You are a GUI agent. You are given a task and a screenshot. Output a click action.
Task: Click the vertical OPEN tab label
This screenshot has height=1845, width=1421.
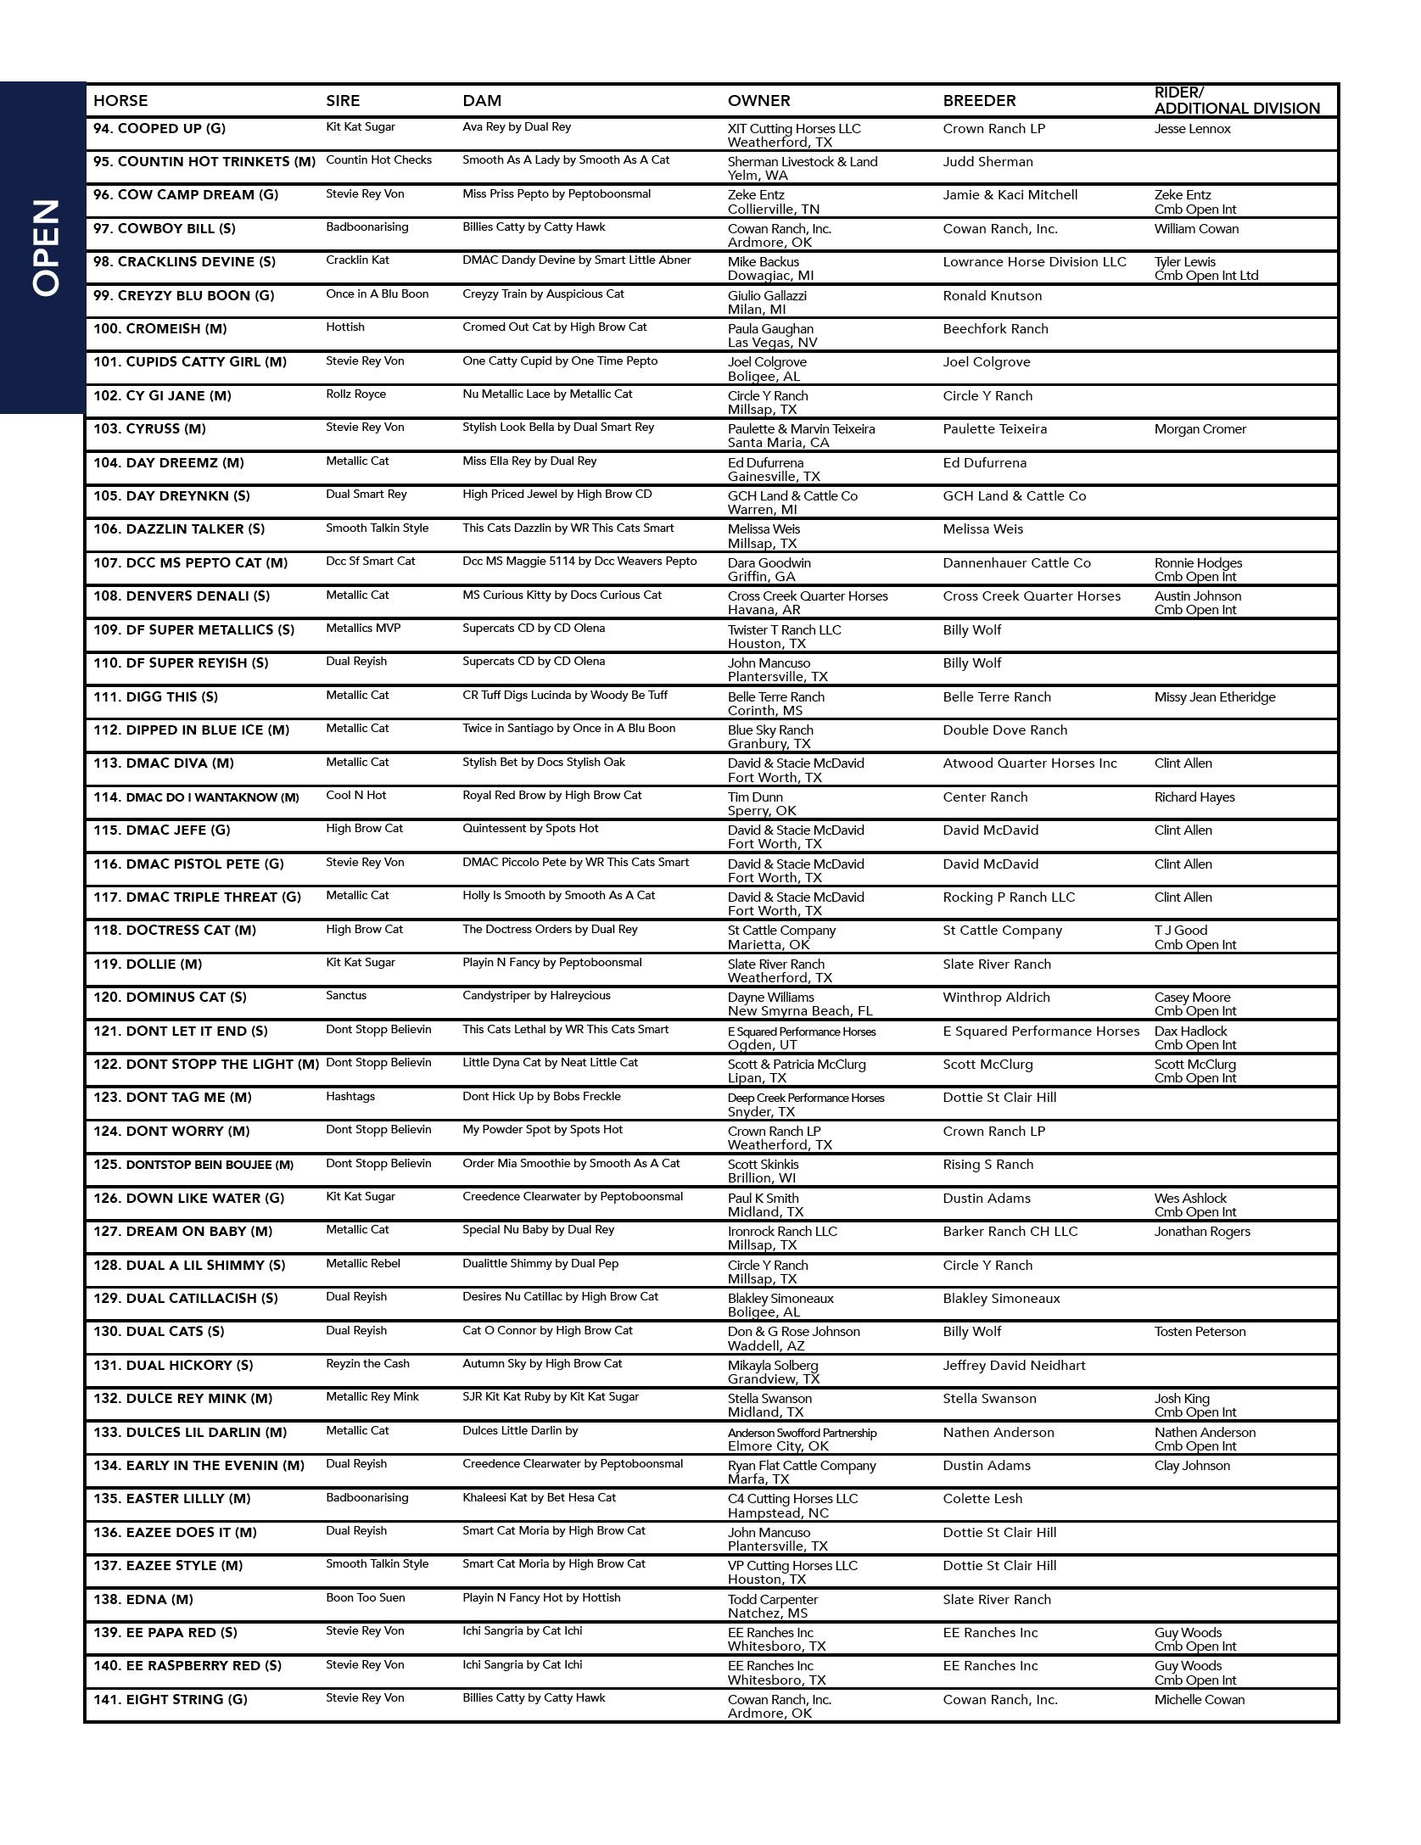coord(46,248)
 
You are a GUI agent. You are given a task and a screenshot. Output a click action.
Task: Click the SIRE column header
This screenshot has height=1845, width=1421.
coord(343,100)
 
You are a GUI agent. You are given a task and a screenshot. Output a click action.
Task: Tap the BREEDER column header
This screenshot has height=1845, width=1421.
coord(979,100)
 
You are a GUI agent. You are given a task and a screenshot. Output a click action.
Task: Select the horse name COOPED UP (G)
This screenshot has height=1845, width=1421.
coord(159,129)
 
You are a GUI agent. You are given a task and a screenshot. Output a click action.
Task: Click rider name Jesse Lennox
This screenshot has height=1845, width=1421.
coord(1192,129)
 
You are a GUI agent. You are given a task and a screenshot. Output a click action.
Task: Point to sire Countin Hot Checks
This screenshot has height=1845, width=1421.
coord(378,160)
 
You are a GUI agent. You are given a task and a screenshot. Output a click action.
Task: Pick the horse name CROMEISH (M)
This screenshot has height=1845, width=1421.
coord(159,329)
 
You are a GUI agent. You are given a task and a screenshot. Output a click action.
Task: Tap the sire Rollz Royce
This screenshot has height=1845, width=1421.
coord(355,394)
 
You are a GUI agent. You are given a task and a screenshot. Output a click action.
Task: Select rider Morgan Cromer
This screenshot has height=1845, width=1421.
coord(1200,429)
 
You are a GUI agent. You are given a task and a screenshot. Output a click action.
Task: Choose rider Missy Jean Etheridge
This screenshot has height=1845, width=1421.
coord(1214,697)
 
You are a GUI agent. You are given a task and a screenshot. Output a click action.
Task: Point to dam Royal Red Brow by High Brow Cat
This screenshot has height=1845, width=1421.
coord(551,796)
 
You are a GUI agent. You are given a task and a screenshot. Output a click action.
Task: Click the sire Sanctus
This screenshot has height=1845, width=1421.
coord(346,996)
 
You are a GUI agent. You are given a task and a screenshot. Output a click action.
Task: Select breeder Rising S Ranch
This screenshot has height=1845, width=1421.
coord(987,1165)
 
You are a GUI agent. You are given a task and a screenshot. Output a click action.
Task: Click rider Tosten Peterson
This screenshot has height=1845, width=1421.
coord(1200,1332)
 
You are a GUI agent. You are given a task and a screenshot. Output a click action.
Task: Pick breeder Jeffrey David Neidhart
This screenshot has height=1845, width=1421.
coord(1014,1366)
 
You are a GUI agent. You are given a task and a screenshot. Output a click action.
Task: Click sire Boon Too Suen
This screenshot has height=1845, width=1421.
coord(365,1598)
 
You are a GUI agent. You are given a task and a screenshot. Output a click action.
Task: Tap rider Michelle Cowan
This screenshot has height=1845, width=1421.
coord(1199,1700)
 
